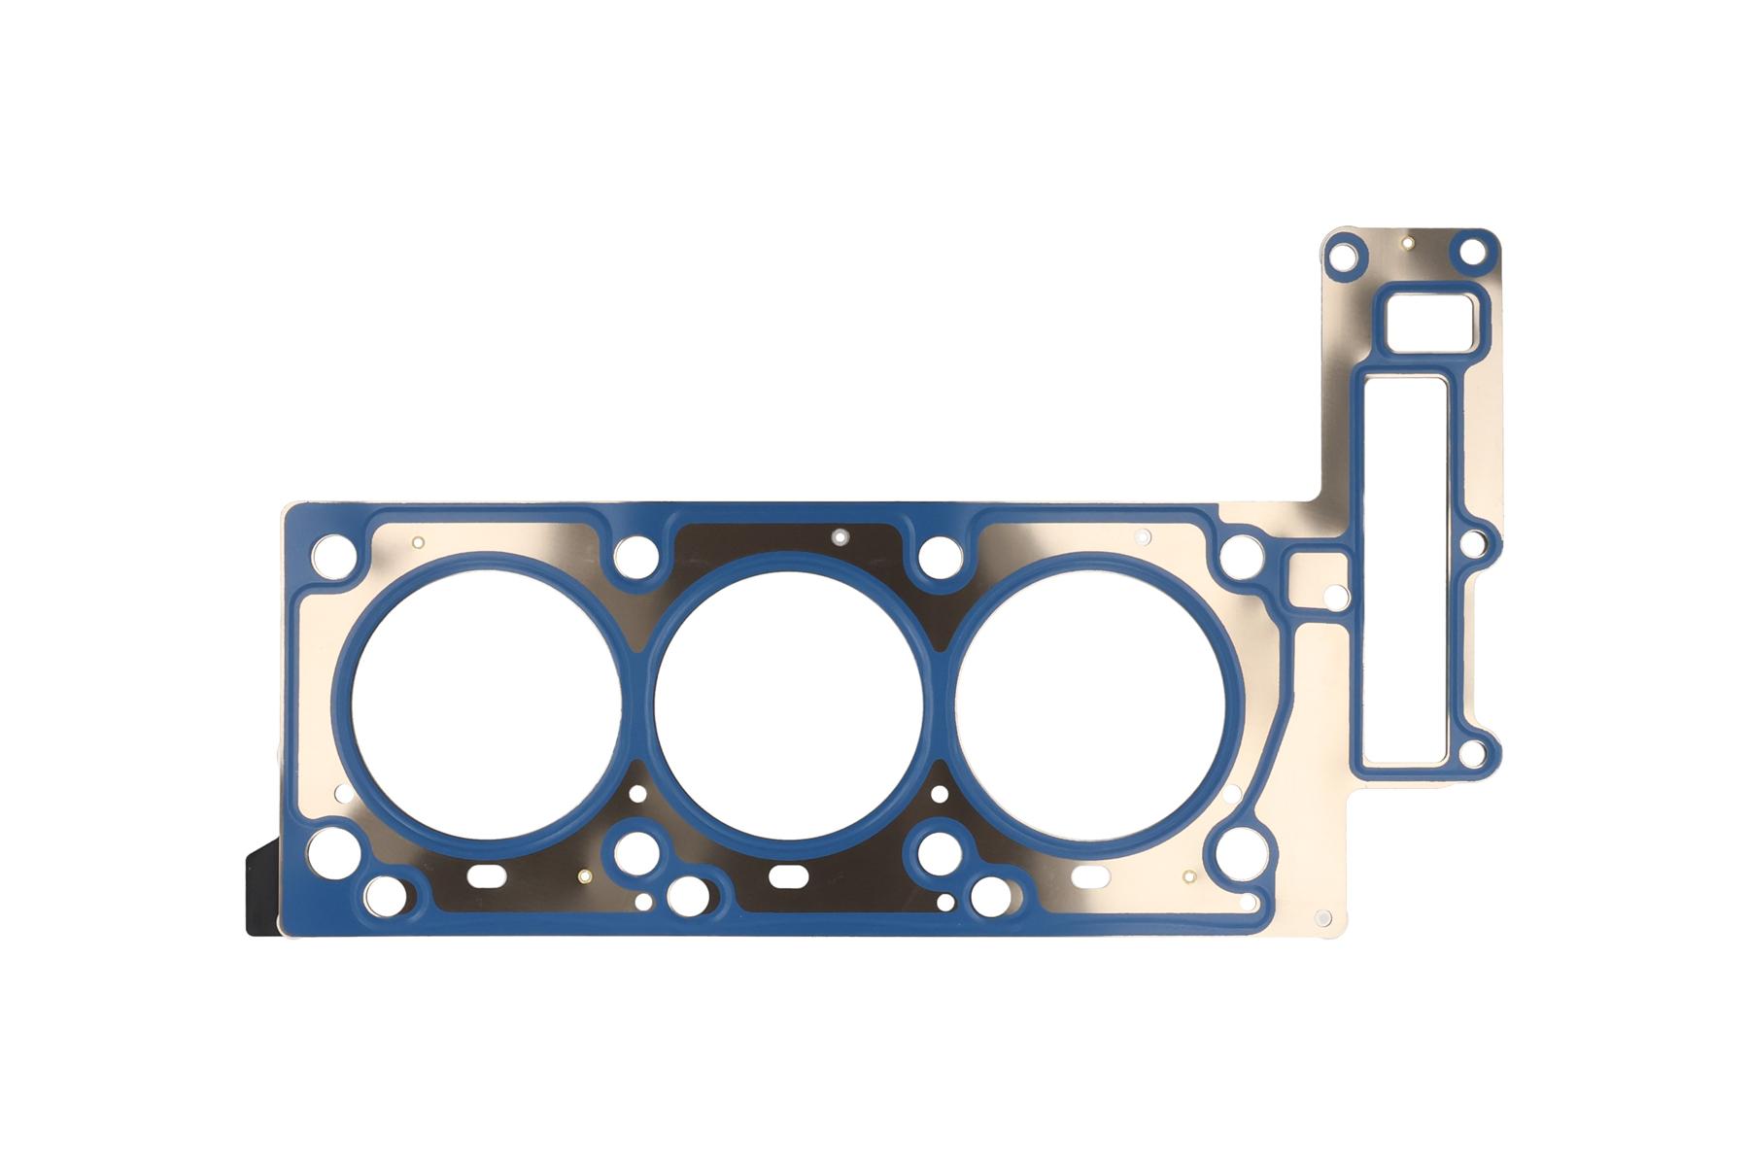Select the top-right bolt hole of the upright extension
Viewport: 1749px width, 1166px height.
click(1473, 253)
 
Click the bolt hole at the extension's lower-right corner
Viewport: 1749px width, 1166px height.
click(1472, 751)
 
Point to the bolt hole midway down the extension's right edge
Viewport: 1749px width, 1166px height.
click(1473, 544)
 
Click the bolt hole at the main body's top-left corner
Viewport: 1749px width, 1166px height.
click(332, 554)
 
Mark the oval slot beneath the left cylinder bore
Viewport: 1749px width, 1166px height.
click(486, 875)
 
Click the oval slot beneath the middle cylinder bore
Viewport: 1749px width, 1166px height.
click(788, 875)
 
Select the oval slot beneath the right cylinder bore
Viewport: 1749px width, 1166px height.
click(1090, 875)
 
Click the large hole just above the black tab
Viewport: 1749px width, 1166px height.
click(326, 851)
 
